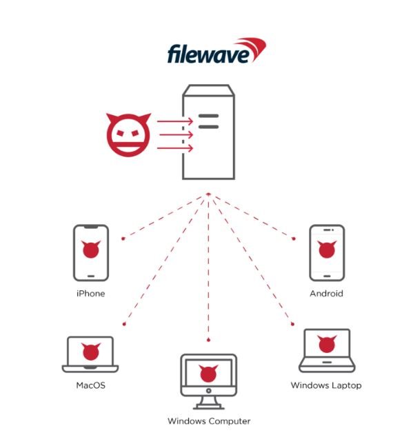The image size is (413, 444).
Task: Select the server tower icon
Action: tap(208, 132)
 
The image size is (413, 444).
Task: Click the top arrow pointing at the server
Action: tap(175, 121)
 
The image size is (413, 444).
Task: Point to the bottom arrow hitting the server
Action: tap(175, 148)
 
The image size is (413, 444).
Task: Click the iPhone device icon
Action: tap(91, 253)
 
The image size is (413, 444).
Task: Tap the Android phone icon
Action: tap(327, 253)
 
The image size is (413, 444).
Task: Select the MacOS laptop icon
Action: tap(90, 354)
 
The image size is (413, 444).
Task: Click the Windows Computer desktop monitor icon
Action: tap(209, 381)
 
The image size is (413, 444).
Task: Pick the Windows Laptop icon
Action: tap(327, 350)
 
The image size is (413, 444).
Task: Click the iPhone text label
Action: tap(90, 294)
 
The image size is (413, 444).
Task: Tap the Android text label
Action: tap(326, 294)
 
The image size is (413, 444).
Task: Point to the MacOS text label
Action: tap(90, 385)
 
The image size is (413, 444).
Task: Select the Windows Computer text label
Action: tap(209, 421)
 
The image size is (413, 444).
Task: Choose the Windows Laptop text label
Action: tap(326, 385)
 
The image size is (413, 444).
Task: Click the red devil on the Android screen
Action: tap(327, 249)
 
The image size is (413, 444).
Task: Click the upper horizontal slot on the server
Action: tap(208, 116)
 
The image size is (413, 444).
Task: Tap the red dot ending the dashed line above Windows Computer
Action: tap(208, 340)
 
